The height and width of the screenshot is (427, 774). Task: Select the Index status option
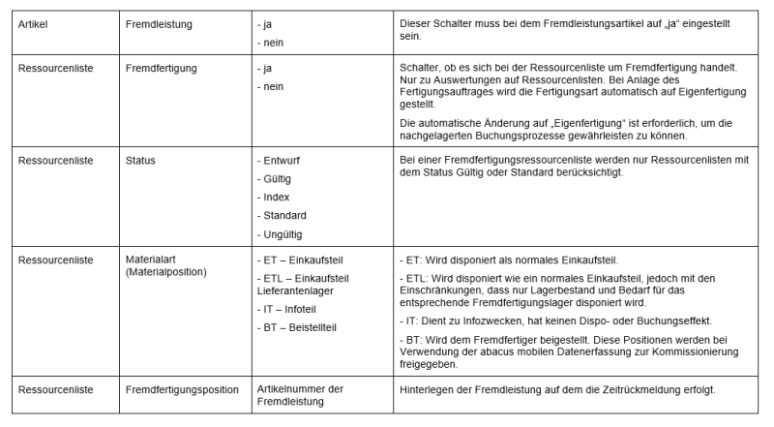point(275,197)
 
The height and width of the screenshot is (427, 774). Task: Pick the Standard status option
point(283,215)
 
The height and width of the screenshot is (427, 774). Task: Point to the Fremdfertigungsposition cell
point(182,390)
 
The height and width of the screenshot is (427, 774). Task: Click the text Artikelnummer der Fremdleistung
point(300,396)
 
